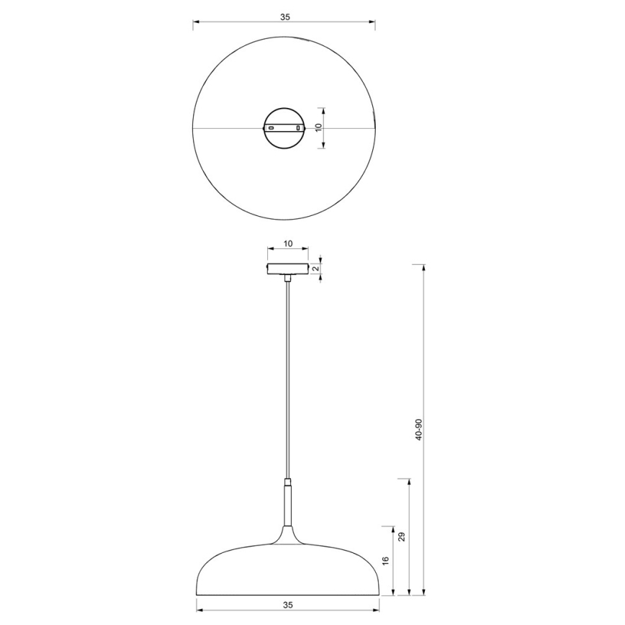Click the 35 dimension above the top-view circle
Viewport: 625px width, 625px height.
coord(284,17)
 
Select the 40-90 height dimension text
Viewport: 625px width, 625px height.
coord(418,430)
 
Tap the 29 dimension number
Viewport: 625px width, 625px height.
coord(402,536)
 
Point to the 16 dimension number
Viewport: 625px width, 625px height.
coord(385,559)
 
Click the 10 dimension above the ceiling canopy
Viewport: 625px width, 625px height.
coord(287,244)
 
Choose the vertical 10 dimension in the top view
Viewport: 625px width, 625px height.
coord(317,128)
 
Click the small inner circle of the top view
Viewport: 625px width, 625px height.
coord(284,115)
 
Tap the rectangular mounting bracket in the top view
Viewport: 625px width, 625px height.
coord(284,128)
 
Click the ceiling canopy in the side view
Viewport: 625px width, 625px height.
coord(288,269)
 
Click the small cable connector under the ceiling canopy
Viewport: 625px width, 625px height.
coord(288,278)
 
